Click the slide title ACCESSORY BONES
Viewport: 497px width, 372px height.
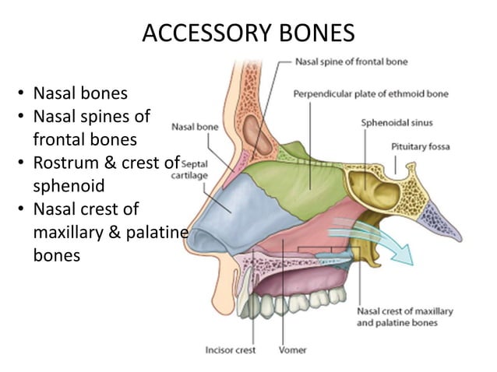pos(248,33)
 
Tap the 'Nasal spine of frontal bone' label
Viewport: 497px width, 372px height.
pos(353,61)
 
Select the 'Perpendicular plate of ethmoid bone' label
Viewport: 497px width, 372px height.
pos(371,94)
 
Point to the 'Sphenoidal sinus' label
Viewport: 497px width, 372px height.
pos(397,122)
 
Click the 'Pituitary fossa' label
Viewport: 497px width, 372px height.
pos(421,146)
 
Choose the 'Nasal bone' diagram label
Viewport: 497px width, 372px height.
pos(194,125)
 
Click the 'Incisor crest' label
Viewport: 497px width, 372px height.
pos(231,349)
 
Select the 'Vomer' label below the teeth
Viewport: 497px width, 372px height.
pos(292,349)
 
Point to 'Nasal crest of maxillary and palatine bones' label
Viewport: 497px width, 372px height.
pos(404,317)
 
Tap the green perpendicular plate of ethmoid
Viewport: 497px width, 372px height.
pos(312,179)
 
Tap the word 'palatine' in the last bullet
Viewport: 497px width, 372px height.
pos(157,232)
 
